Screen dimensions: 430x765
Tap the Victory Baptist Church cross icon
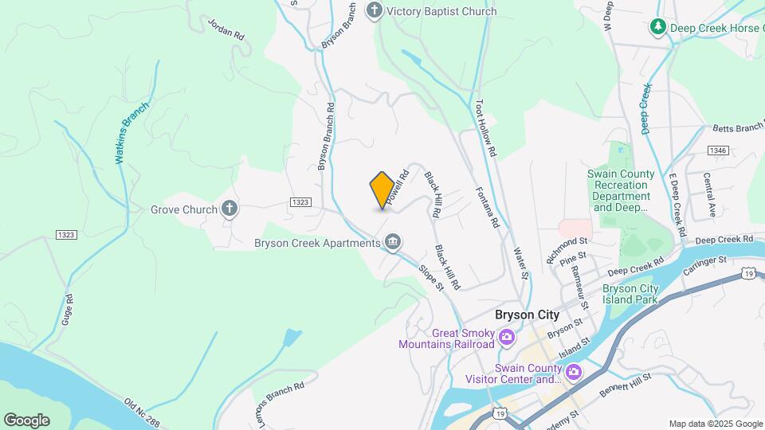[x=374, y=11]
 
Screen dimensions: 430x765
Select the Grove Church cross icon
[x=229, y=210]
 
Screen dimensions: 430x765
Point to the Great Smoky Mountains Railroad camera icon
[x=507, y=339]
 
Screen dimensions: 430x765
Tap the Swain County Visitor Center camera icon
[x=574, y=372]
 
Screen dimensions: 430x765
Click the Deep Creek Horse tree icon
[x=658, y=28]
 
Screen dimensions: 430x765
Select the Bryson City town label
[x=527, y=315]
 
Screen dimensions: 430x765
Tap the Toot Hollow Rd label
[x=485, y=127]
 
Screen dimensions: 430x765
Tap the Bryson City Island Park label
[x=630, y=295]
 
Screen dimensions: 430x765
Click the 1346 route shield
[x=717, y=150]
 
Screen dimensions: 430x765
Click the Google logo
[x=26, y=420]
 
